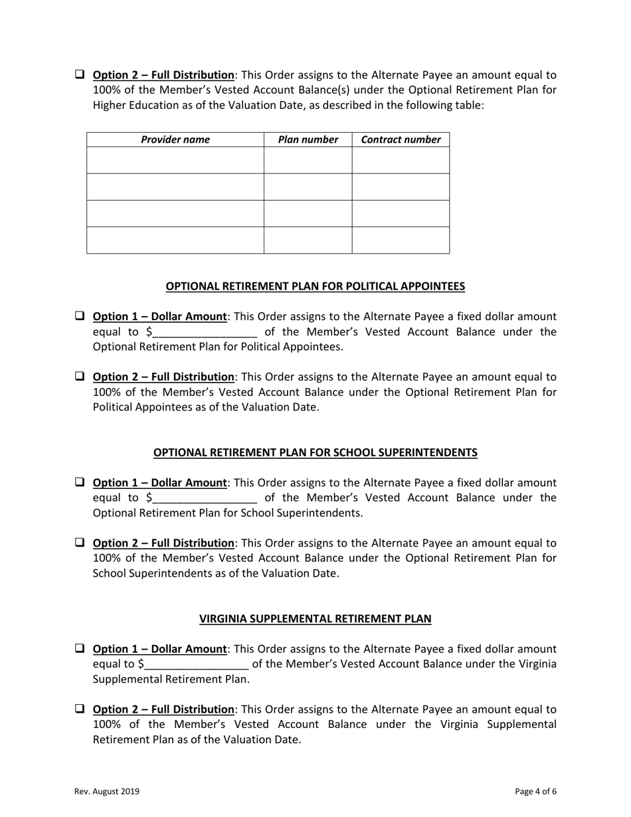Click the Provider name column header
[175, 139]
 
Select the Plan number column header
[308, 139]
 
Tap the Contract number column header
[401, 139]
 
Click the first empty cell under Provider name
[175, 160]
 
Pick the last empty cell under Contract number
[401, 240]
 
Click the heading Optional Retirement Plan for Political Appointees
[315, 286]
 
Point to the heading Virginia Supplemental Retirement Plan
[315, 618]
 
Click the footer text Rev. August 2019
[106, 791]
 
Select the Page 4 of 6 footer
[535, 791]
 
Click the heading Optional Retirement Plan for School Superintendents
[315, 452]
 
